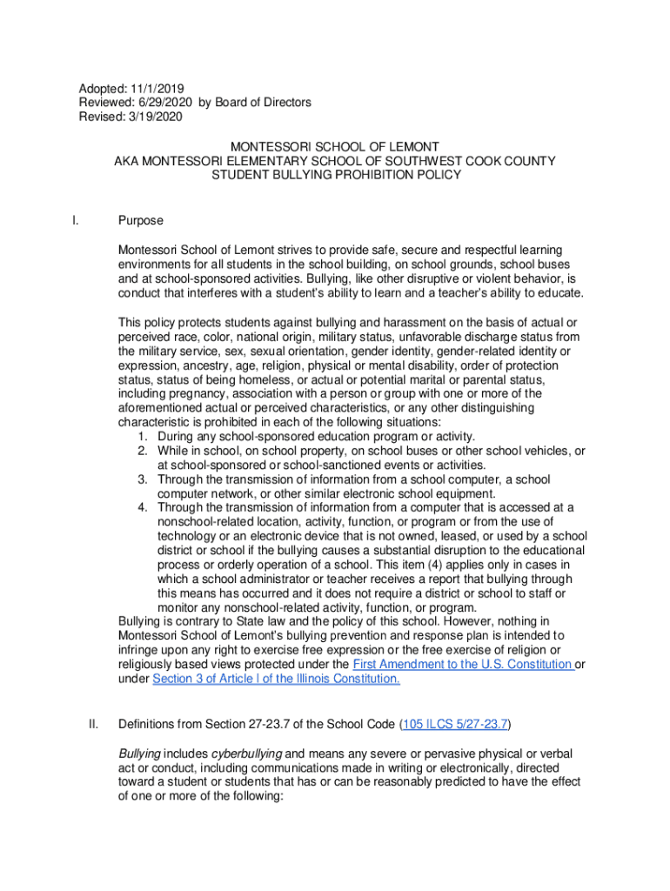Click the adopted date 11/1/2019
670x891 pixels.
(159, 89)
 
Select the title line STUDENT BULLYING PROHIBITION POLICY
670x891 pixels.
(336, 175)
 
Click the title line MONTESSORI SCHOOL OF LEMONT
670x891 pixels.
(336, 146)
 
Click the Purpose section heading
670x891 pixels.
(141, 221)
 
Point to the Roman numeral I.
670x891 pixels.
(76, 221)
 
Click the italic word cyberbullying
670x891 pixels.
(246, 753)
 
